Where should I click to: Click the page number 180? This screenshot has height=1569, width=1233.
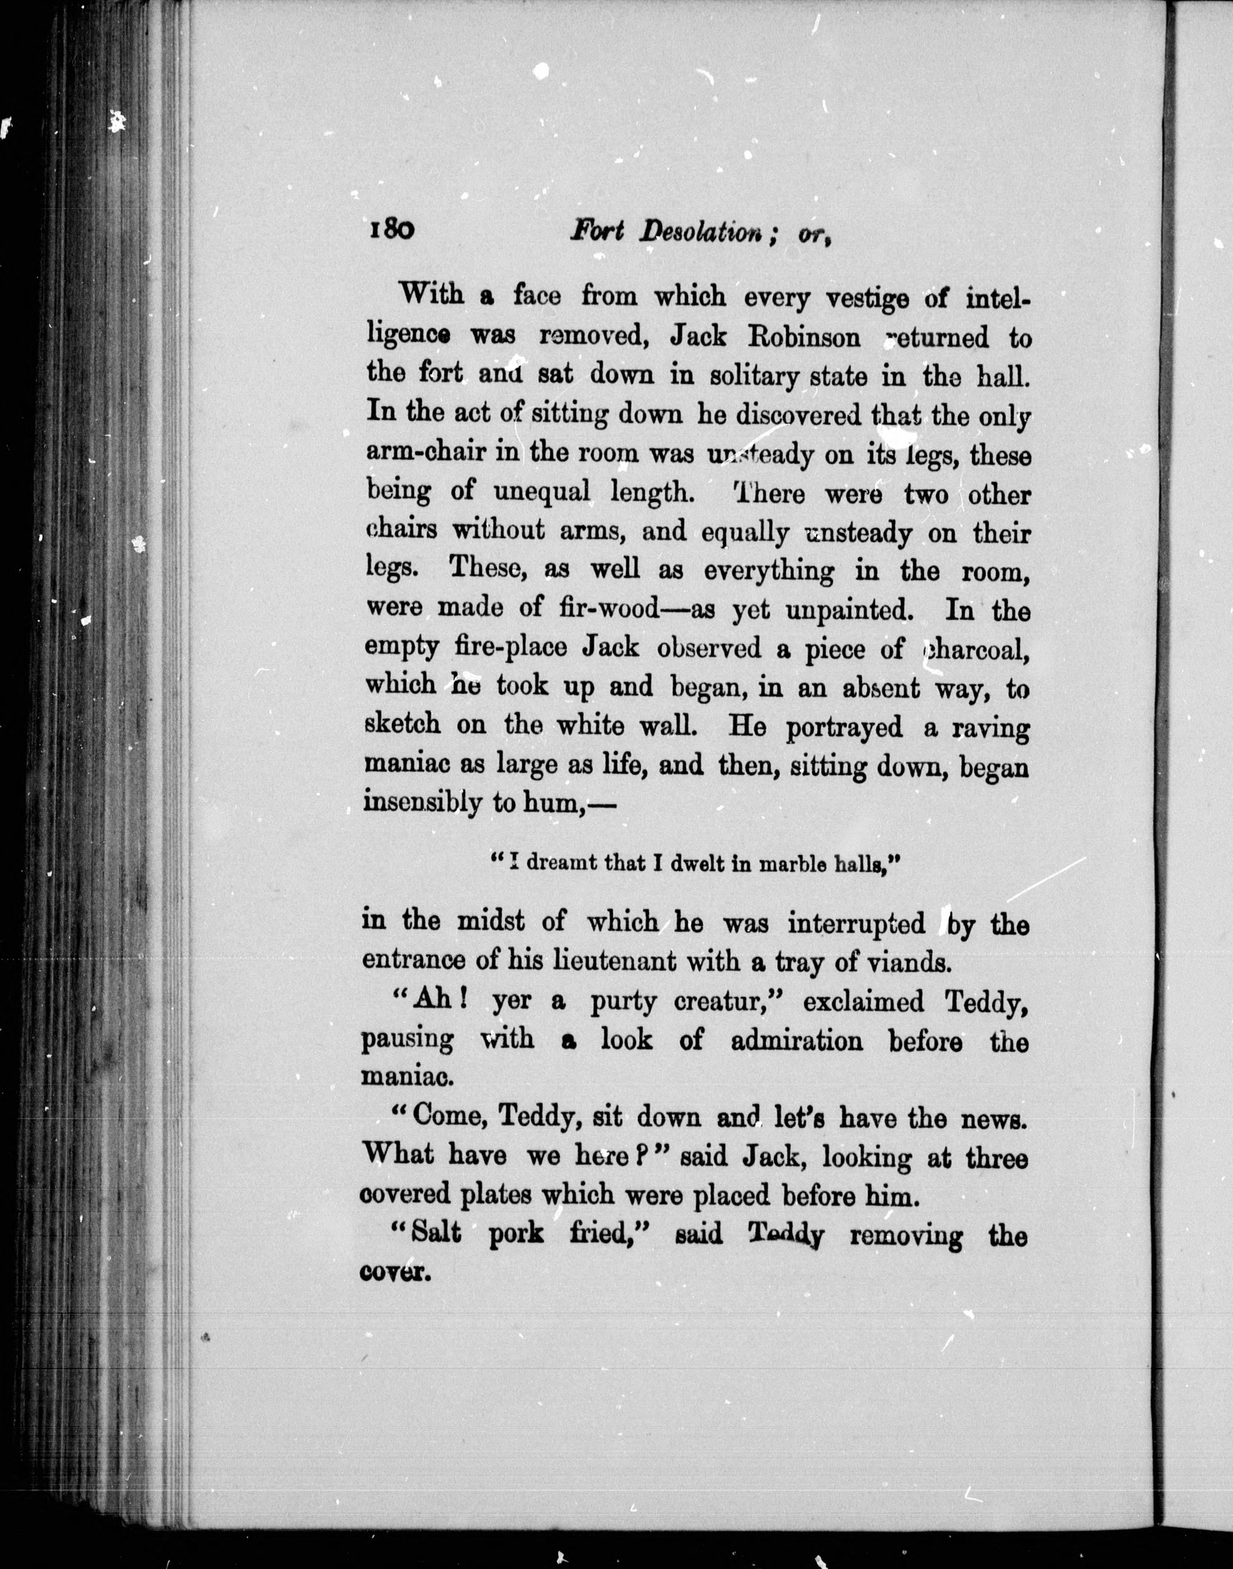point(391,230)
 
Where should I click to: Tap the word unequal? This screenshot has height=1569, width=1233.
point(541,493)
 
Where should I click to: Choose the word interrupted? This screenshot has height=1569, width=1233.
point(856,924)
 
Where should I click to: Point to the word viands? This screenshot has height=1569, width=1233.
point(921,963)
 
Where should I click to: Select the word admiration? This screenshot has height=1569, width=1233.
point(796,1041)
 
